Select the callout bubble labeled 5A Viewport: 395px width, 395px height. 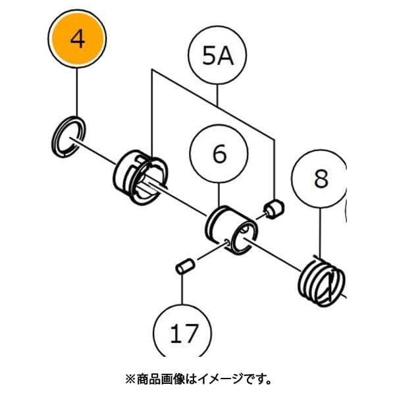[x=218, y=58]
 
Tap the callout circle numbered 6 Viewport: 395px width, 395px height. [x=219, y=155]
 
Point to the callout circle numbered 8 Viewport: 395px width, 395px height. [x=320, y=178]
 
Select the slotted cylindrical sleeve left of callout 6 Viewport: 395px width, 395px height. [x=139, y=174]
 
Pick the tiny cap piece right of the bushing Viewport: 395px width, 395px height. [x=272, y=209]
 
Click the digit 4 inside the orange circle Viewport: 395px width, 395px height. [x=78, y=41]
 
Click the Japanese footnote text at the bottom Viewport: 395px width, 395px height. [x=197, y=379]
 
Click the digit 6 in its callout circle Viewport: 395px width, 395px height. [x=219, y=155]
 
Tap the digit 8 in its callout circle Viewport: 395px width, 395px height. [x=320, y=178]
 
